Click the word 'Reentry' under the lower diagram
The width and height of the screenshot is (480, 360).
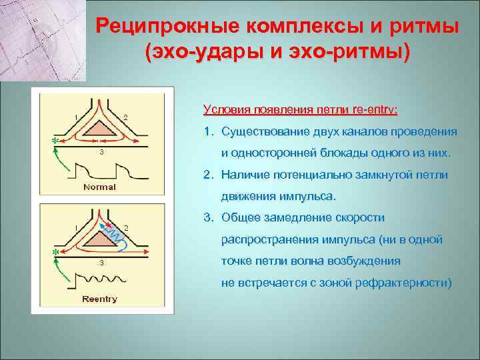pos(99,299)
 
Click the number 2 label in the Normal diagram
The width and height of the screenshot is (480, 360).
pos(126,118)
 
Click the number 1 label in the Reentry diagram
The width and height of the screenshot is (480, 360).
pos(76,229)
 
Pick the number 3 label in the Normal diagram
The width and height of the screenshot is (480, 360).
pos(101,153)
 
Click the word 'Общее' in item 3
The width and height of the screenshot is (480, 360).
pos(241,218)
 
